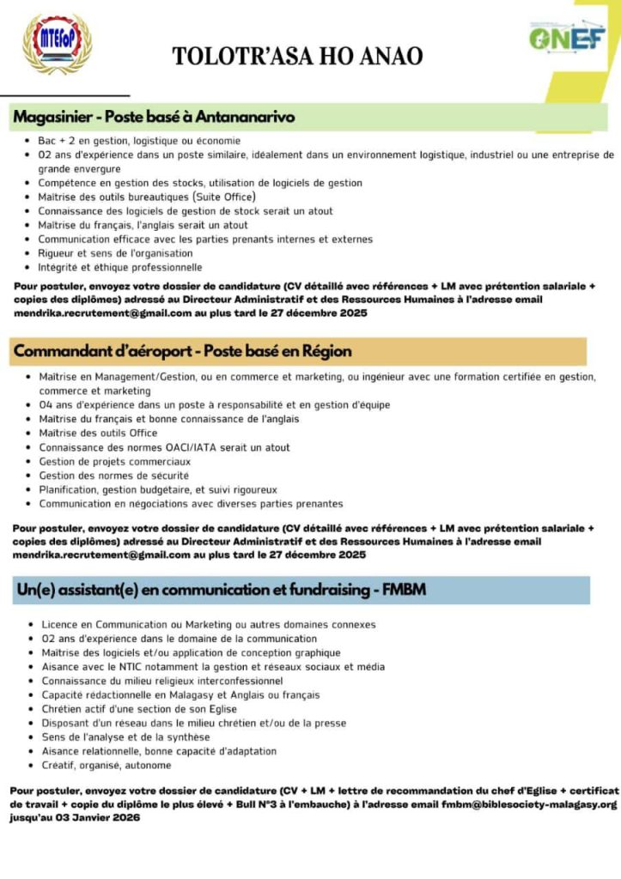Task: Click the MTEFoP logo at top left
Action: [56, 44]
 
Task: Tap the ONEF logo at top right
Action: [566, 39]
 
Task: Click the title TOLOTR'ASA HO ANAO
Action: [297, 57]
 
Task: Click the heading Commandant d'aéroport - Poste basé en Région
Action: [182, 351]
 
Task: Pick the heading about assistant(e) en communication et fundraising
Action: [221, 590]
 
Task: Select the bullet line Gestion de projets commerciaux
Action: [115, 461]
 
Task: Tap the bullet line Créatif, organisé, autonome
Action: [106, 765]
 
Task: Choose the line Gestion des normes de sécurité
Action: [113, 475]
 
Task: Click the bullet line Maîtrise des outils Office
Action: [98, 433]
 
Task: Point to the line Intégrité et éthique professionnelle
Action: [119, 267]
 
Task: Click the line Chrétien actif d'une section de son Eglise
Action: [139, 709]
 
